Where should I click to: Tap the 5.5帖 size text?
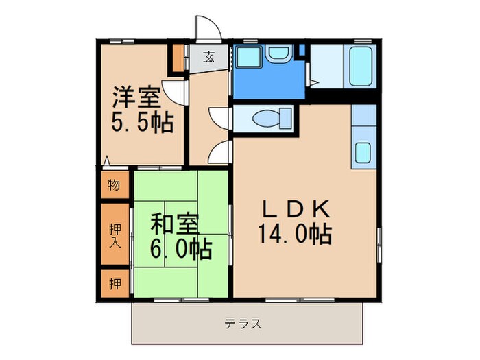[x=143, y=123]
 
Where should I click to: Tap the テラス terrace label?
[x=243, y=324]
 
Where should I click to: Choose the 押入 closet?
[x=115, y=235]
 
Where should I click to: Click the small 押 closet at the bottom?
[x=114, y=283]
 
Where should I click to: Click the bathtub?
[x=361, y=66]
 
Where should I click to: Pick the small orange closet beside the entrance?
[x=178, y=59]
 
